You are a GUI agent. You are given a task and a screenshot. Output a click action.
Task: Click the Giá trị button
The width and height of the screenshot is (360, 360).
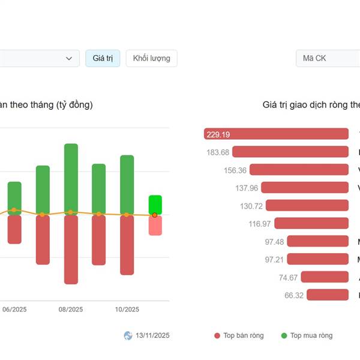click(103, 58)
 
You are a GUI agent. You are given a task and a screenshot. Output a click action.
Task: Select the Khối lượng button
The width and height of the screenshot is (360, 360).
click(151, 58)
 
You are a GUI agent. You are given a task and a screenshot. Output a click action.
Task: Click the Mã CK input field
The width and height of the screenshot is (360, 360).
click(327, 58)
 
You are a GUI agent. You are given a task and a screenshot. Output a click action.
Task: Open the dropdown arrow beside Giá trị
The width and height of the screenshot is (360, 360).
click(69, 58)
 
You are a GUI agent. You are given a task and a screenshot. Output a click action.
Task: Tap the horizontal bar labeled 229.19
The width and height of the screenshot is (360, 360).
click(276, 134)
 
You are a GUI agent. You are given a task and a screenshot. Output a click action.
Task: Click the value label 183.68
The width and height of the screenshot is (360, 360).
click(218, 152)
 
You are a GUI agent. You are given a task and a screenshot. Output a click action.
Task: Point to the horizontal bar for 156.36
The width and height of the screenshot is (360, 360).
click(299, 170)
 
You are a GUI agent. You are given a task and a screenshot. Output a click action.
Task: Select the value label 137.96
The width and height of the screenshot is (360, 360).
click(247, 188)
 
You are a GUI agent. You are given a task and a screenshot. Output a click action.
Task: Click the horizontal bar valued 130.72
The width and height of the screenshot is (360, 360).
click(307, 206)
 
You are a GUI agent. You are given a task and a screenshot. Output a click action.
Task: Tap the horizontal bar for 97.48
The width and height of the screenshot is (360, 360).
click(317, 241)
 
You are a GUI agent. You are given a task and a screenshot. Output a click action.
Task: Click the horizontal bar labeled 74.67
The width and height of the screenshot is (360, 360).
click(325, 277)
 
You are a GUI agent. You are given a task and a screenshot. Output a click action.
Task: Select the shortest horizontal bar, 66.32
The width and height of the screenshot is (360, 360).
click(328, 295)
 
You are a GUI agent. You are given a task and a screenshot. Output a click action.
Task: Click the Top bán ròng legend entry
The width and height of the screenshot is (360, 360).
click(239, 335)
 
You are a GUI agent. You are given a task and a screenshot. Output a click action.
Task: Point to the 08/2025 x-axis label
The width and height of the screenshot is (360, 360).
click(71, 310)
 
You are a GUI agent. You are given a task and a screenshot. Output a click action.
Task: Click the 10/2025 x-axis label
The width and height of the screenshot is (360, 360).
click(127, 310)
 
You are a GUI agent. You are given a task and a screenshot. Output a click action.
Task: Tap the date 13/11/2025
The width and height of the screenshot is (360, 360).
click(152, 335)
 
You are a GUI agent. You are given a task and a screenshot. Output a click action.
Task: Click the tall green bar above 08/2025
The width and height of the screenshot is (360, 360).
click(71, 177)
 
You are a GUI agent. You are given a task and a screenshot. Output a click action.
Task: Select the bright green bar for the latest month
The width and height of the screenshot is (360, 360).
click(155, 204)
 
